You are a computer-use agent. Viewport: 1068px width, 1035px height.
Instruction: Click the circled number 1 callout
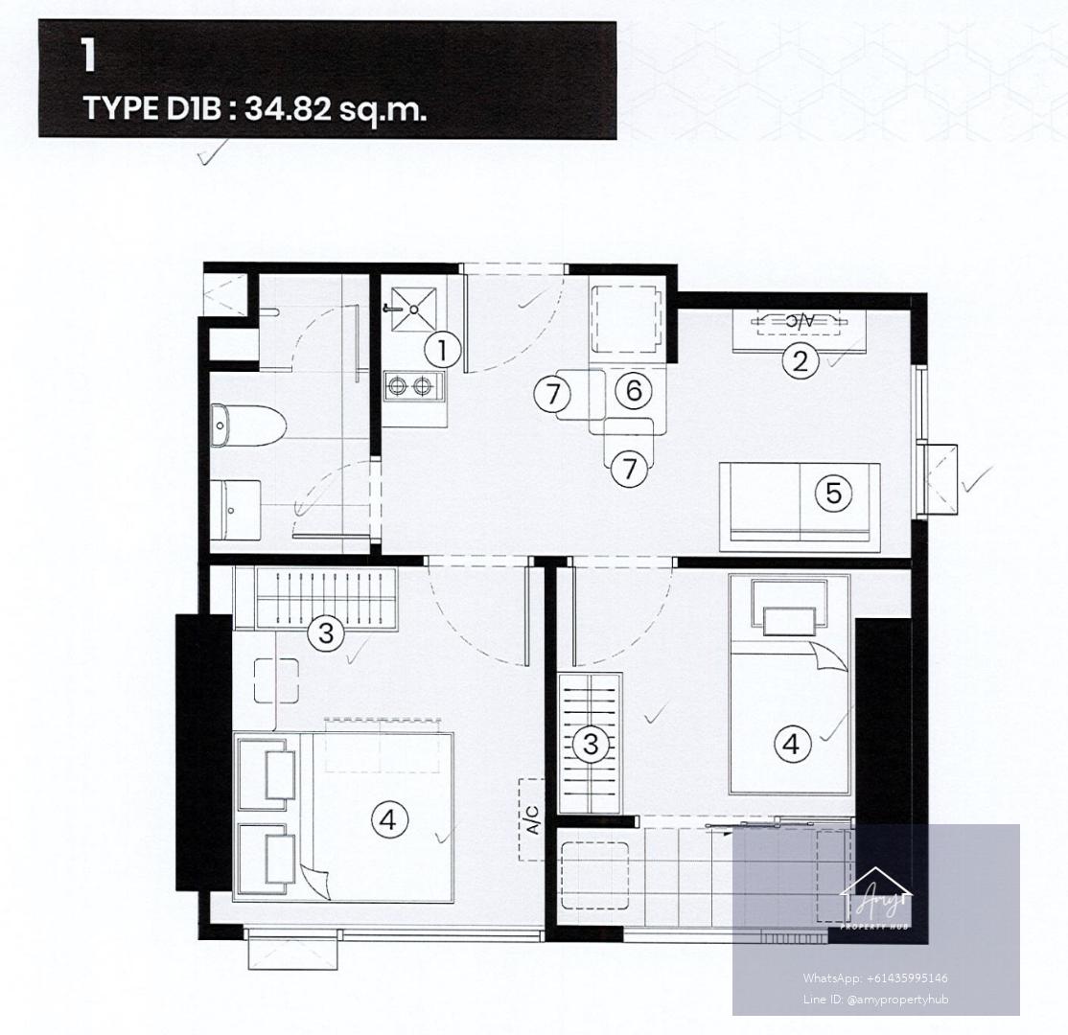coord(443,351)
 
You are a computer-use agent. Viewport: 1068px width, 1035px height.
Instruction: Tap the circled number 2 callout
coord(800,360)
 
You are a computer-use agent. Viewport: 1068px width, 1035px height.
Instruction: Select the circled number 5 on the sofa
coord(834,493)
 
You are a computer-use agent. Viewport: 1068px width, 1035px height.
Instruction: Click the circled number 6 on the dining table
coord(634,391)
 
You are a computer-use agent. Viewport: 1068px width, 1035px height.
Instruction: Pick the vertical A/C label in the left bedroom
coord(533,819)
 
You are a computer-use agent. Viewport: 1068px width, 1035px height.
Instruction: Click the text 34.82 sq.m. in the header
coord(336,108)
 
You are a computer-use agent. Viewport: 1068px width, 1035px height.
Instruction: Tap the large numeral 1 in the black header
coord(88,56)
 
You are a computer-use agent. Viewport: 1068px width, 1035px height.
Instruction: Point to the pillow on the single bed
coord(789,621)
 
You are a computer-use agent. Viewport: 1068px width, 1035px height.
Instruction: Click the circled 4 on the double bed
coord(387,819)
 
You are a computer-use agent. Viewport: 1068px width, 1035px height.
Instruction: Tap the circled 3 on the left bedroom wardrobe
coord(326,633)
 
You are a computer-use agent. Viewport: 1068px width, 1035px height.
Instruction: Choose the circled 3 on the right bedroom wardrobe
coord(591,744)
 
